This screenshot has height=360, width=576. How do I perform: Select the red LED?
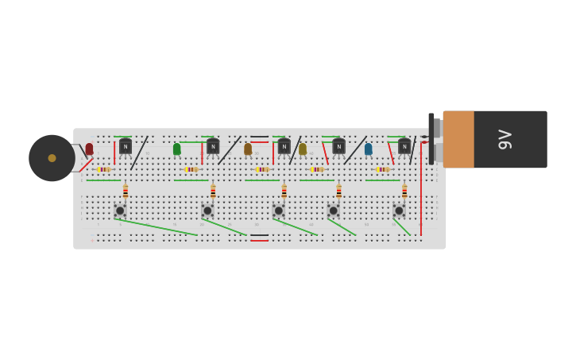pyautogui.click(x=90, y=149)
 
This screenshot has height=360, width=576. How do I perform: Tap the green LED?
pyautogui.click(x=177, y=149)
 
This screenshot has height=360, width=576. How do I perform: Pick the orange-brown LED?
pyautogui.click(x=248, y=149)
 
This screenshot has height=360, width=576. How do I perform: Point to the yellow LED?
pyautogui.click(x=303, y=149)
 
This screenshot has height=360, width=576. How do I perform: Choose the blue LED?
pyautogui.click(x=369, y=149)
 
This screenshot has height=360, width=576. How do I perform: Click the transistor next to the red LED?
pyautogui.click(x=126, y=146)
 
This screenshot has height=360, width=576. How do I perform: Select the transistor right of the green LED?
pyautogui.click(x=213, y=146)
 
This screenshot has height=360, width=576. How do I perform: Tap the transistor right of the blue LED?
pyautogui.click(x=404, y=146)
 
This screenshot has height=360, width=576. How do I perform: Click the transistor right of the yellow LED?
pyautogui.click(x=339, y=146)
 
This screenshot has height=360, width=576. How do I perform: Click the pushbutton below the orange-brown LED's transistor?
pyautogui.click(x=279, y=211)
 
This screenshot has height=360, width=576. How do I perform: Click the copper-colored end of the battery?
pyautogui.click(x=458, y=139)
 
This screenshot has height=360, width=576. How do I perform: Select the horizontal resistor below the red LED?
pyautogui.click(x=103, y=169)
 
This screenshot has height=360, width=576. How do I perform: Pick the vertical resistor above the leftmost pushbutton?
pyautogui.click(x=126, y=191)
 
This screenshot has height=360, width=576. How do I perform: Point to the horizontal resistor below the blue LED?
pyautogui.click(x=383, y=169)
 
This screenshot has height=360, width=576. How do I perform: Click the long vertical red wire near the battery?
pyautogui.click(x=421, y=191)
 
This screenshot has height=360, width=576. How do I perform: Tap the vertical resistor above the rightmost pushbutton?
pyautogui.click(x=404, y=191)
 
